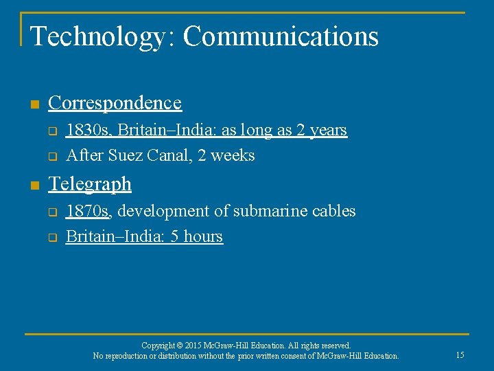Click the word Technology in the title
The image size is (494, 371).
(95, 36)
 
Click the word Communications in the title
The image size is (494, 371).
(281, 36)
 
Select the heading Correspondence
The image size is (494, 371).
(115, 103)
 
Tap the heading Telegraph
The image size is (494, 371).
(90, 184)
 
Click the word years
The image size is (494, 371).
(328, 130)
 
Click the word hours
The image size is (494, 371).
(203, 236)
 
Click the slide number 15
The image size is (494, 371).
(460, 355)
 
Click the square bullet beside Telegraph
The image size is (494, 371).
(34, 185)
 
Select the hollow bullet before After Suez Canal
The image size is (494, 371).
(51, 156)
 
